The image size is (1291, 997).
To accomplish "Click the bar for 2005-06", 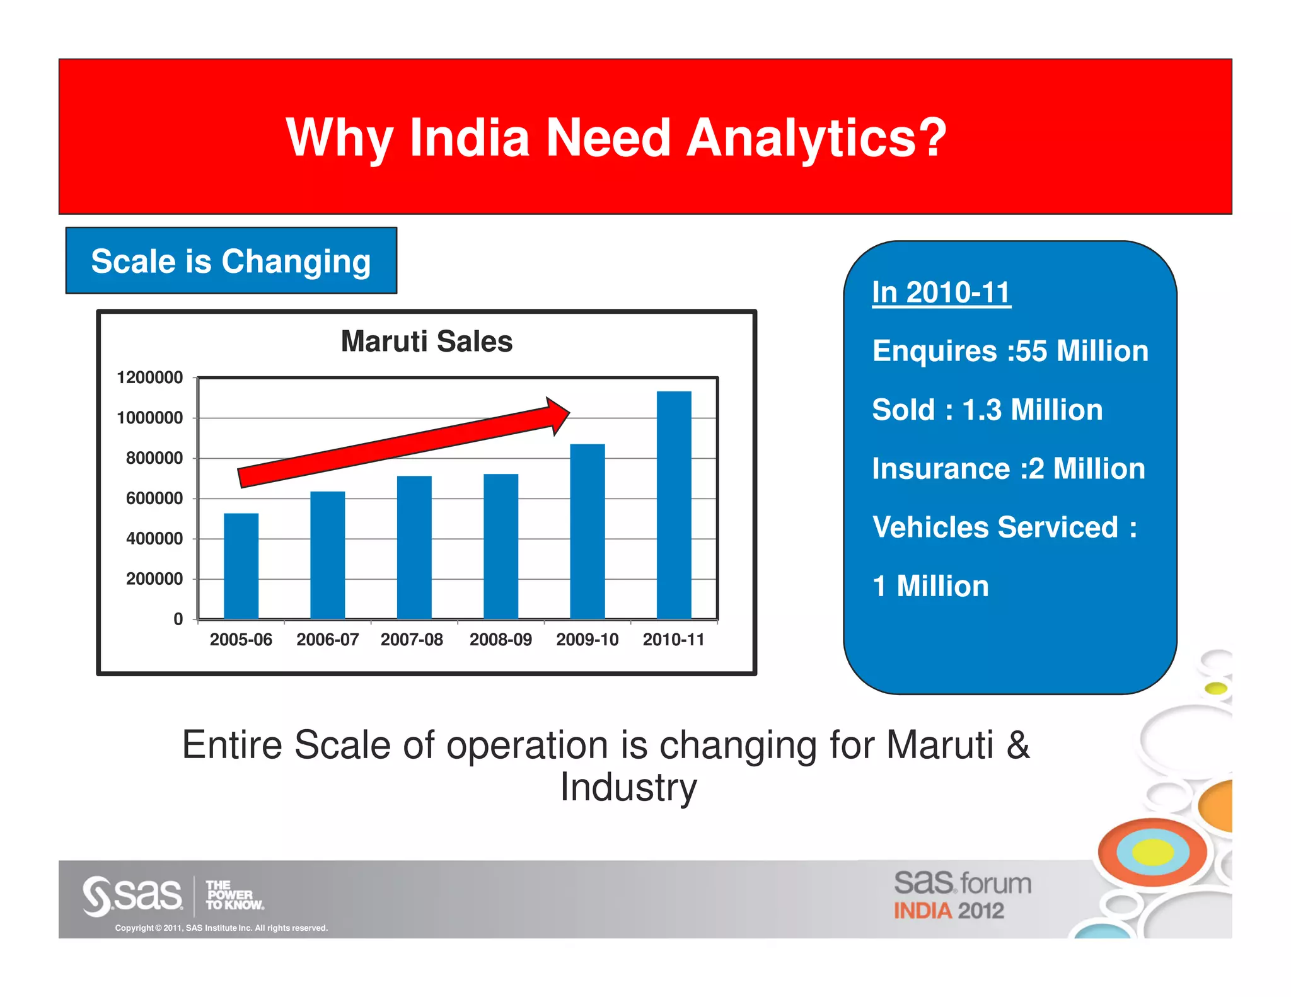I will pos(241,566).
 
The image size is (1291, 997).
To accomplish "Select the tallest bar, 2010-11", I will pos(674,505).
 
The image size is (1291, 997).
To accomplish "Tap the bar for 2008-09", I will pos(501,546).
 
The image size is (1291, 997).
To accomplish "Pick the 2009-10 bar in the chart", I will pos(587,531).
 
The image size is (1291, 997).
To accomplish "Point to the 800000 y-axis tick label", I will pos(154,458).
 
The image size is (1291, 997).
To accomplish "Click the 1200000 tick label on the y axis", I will pos(150,377).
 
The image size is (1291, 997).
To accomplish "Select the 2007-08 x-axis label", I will pos(412,640).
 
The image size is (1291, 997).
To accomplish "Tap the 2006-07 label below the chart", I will pos(327,640).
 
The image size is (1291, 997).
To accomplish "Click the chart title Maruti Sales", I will pos(427,342).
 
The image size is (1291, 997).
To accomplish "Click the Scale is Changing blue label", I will pos(231,261).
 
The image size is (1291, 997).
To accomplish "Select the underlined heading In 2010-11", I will pos(941,292).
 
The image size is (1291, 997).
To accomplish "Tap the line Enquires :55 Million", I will pos(1010,351).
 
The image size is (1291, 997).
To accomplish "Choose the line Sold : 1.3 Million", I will pos(987,410).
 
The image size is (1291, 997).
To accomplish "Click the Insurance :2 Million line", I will pos(1008,469).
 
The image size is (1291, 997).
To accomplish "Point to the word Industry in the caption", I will pos(628,787).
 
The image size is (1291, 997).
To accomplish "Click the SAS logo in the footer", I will pos(133,896).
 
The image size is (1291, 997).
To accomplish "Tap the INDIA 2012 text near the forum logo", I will pos(948,911).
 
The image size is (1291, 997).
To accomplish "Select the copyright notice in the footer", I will pos(221,928).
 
